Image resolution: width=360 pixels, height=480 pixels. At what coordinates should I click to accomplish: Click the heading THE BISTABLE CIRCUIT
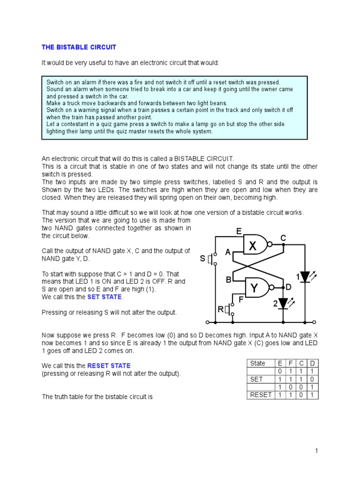click(x=79, y=47)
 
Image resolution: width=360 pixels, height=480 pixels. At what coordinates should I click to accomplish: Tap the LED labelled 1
click(x=305, y=277)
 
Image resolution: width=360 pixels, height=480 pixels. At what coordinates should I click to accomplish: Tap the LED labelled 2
click(x=283, y=304)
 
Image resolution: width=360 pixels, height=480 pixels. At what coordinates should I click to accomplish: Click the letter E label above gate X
click(x=239, y=231)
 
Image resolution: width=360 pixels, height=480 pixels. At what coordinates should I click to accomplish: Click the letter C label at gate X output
click(x=283, y=238)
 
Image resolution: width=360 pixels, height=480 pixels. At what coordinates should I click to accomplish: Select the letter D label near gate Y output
click(x=289, y=286)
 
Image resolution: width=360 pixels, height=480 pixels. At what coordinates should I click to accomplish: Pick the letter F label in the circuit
click(x=241, y=298)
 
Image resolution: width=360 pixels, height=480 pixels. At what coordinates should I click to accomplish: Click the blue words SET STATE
click(x=105, y=297)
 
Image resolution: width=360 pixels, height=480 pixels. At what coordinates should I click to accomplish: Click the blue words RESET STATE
click(x=109, y=366)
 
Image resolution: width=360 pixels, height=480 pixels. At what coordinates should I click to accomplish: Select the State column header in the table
click(x=258, y=363)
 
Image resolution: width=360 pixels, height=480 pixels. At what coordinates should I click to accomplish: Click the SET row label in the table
click(x=256, y=379)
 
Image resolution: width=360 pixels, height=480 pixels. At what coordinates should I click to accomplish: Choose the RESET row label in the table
click(x=261, y=395)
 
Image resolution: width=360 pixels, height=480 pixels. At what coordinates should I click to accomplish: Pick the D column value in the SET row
click(x=313, y=379)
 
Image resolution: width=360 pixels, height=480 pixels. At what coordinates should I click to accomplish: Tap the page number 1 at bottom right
click(x=316, y=451)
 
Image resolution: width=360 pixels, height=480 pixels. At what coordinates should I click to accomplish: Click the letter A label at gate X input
click(x=228, y=253)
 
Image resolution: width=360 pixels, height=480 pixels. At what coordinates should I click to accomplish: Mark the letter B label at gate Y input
click(x=229, y=280)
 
